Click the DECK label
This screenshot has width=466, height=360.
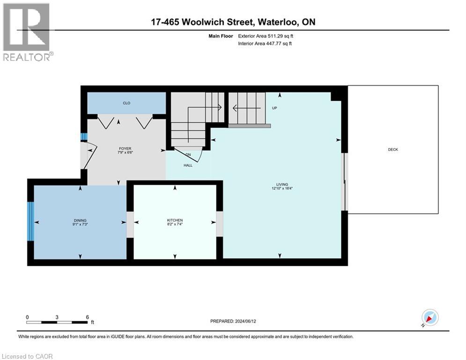pos(392,150)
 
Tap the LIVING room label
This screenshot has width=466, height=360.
pos(282,184)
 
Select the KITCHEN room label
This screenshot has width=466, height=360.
pos(175,220)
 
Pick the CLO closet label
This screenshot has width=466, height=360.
pos(126,103)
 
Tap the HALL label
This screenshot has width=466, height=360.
pos(188,165)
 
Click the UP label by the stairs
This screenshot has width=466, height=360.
pos(275,108)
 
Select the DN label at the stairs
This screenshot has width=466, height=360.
pos(188,154)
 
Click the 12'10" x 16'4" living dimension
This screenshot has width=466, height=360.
pos(282,189)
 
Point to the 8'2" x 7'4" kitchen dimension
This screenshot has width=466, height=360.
pos(175,225)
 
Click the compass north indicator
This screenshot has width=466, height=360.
pos(429,318)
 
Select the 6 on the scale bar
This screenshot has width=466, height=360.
pos(87,317)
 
